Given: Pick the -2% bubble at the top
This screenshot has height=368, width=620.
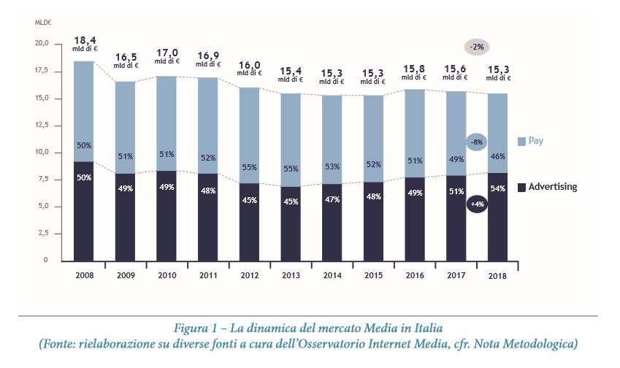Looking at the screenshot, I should [x=478, y=47].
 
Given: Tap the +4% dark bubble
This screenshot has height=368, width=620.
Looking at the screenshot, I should [x=477, y=204].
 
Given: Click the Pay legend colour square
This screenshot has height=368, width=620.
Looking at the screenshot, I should [x=521, y=140].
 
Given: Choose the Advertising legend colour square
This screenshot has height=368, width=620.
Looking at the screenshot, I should [x=521, y=187].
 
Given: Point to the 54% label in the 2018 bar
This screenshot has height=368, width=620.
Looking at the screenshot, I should [x=497, y=189].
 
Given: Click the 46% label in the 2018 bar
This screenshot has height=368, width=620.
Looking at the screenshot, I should [x=497, y=156].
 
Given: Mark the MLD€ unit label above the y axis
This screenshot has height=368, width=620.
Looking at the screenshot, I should [x=44, y=23].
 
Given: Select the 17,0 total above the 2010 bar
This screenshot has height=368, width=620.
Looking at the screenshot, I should [x=167, y=53].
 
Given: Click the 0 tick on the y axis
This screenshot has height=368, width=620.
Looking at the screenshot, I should [x=45, y=260].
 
